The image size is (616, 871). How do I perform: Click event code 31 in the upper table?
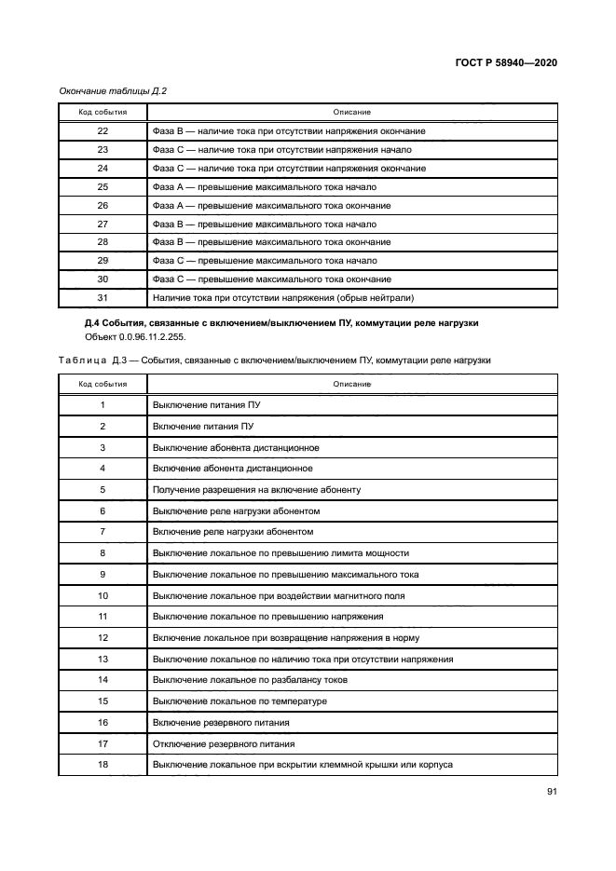click(x=103, y=297)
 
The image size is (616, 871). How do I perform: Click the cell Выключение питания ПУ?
click(x=206, y=405)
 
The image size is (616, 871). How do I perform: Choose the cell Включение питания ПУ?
click(x=202, y=426)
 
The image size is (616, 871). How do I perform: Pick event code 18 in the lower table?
click(x=103, y=764)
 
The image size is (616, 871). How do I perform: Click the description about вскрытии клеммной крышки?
click(x=302, y=764)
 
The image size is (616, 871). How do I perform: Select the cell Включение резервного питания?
click(x=221, y=722)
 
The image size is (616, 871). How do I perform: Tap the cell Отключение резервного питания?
click(x=224, y=743)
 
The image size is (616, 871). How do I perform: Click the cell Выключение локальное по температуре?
click(x=240, y=701)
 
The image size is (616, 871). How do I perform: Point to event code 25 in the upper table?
click(x=103, y=187)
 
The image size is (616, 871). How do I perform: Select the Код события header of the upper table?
click(x=103, y=112)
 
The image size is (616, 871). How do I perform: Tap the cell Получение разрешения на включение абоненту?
click(x=256, y=489)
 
